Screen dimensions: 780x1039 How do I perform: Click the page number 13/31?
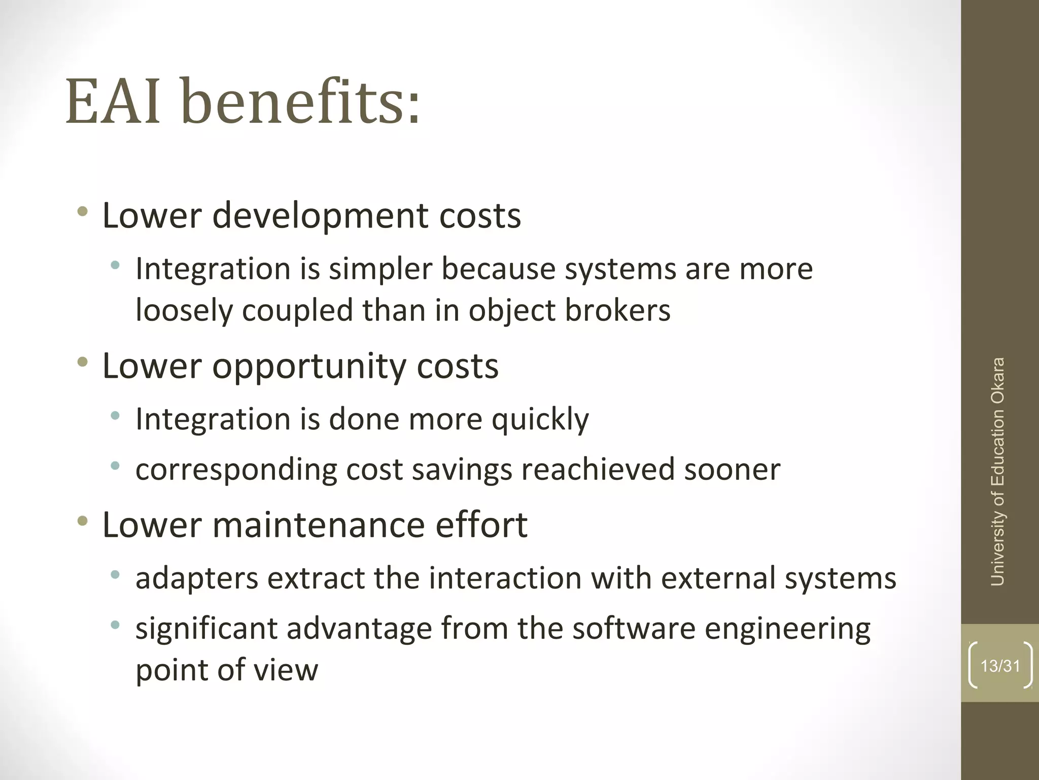click(x=1000, y=666)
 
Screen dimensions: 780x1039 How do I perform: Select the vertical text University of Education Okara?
click(x=997, y=472)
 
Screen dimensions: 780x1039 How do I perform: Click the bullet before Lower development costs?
click(x=83, y=212)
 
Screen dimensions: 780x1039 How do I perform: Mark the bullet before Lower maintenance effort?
click(x=83, y=521)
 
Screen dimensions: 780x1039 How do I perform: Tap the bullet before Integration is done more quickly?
click(x=116, y=416)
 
